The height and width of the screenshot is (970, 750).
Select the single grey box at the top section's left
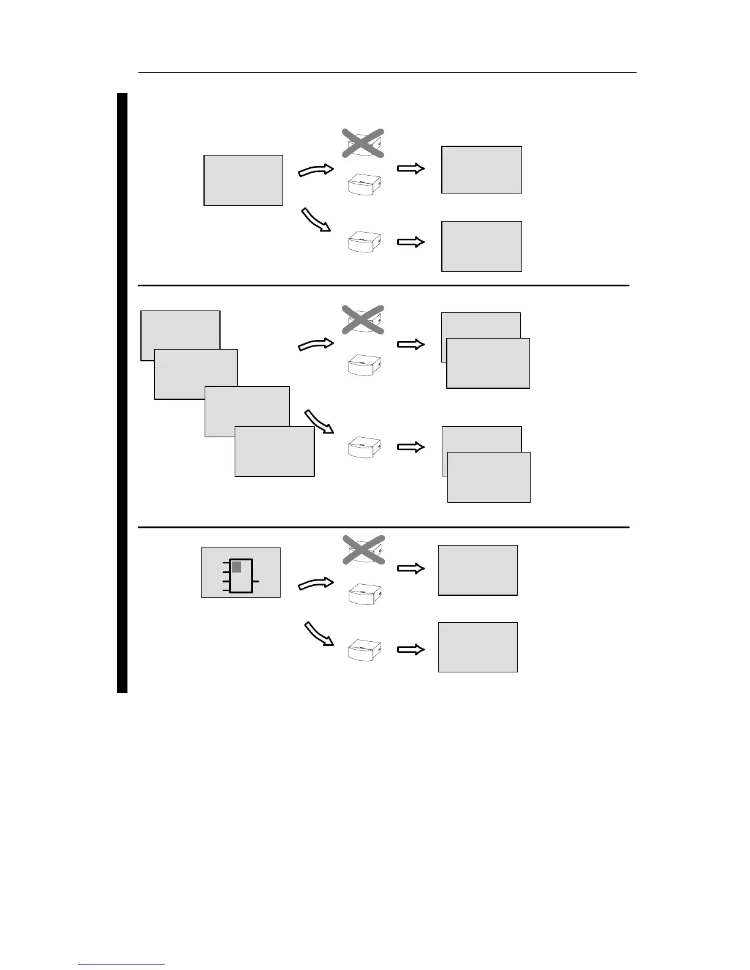243,180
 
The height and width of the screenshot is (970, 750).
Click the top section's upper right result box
482,170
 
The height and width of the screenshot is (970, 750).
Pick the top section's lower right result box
482,246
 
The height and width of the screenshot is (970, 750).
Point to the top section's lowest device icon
364,242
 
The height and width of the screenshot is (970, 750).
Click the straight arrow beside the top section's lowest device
411,242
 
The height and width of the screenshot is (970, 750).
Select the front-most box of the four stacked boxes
275,451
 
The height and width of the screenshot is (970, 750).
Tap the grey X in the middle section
362,319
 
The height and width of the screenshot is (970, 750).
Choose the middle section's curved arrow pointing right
316,345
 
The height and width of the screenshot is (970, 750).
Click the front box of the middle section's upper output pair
488,363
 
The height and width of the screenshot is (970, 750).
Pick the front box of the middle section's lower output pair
489,477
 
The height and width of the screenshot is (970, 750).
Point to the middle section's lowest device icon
364,448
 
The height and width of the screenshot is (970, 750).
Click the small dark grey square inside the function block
237,567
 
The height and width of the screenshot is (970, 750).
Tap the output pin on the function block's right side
256,581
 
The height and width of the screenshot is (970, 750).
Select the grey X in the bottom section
362,549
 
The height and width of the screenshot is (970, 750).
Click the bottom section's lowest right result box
478,647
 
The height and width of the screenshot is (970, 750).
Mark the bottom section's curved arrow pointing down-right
319,634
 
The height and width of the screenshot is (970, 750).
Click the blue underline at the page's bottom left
121,965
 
